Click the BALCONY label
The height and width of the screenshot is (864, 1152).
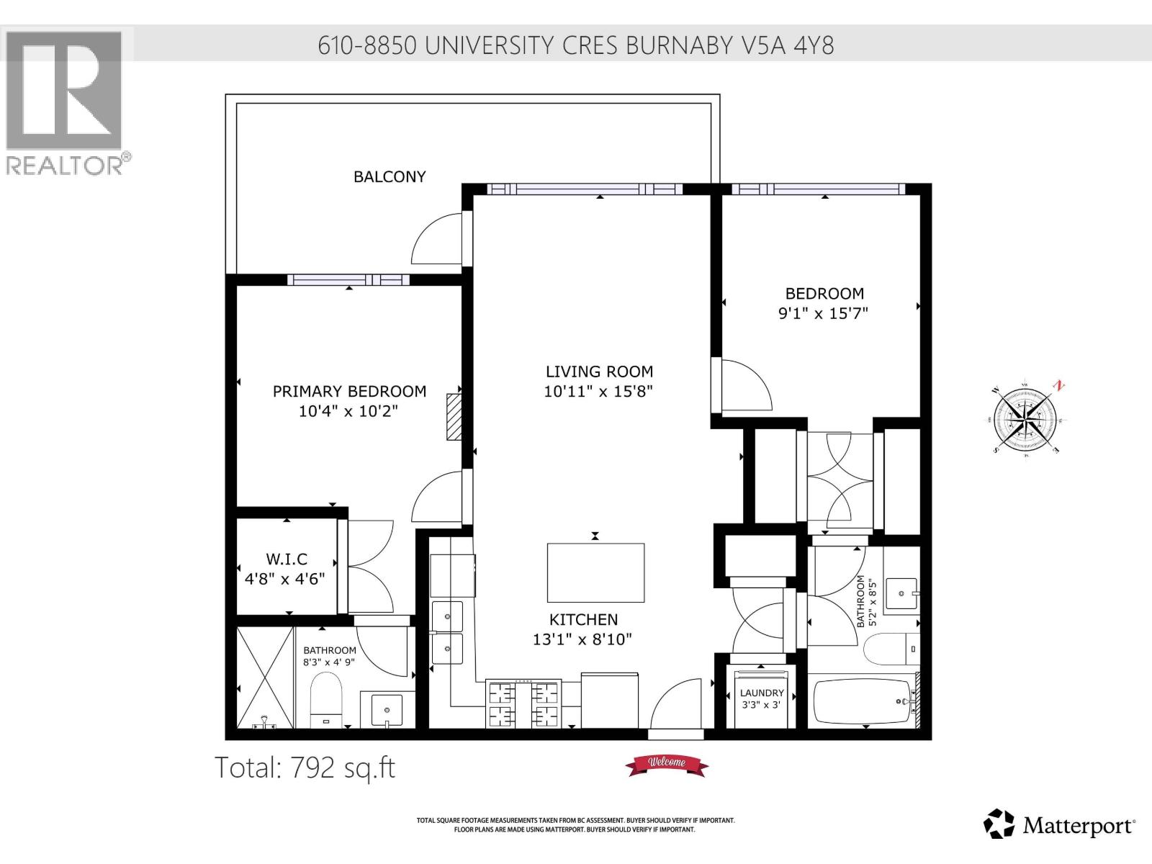tap(390, 176)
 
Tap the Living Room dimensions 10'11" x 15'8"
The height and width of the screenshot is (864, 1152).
tap(598, 392)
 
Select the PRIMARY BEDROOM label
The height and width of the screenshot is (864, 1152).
tap(349, 391)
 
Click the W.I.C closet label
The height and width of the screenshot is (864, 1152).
tap(287, 559)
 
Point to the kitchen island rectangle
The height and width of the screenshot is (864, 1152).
tap(595, 573)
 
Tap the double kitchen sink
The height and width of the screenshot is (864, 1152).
tap(447, 634)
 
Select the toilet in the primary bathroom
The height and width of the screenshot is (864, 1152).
tap(327, 701)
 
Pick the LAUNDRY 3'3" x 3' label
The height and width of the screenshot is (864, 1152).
tap(762, 698)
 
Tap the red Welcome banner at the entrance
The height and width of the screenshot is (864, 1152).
tap(667, 764)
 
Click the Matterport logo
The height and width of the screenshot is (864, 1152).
tap(1060, 824)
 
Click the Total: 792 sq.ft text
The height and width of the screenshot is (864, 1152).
tap(305, 768)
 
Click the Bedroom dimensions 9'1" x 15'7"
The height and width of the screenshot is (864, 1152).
tap(824, 313)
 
